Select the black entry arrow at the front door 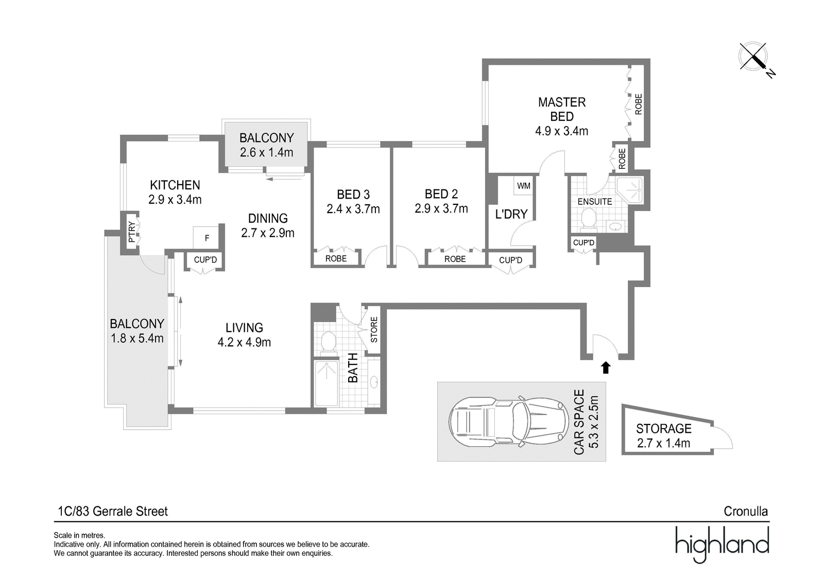[x=606, y=367]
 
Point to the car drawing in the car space [x=508, y=421]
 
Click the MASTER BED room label [x=562, y=109]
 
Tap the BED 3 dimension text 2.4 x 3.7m [x=353, y=209]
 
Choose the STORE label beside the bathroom [x=374, y=330]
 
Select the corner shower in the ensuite [x=629, y=190]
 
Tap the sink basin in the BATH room [x=374, y=382]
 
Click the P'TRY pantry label [x=132, y=233]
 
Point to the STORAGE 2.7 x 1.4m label [x=664, y=436]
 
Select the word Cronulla [x=746, y=512]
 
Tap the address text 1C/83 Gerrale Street [x=113, y=512]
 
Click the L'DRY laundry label [x=511, y=214]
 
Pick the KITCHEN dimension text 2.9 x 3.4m [x=175, y=200]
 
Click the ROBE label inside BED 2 [x=455, y=259]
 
